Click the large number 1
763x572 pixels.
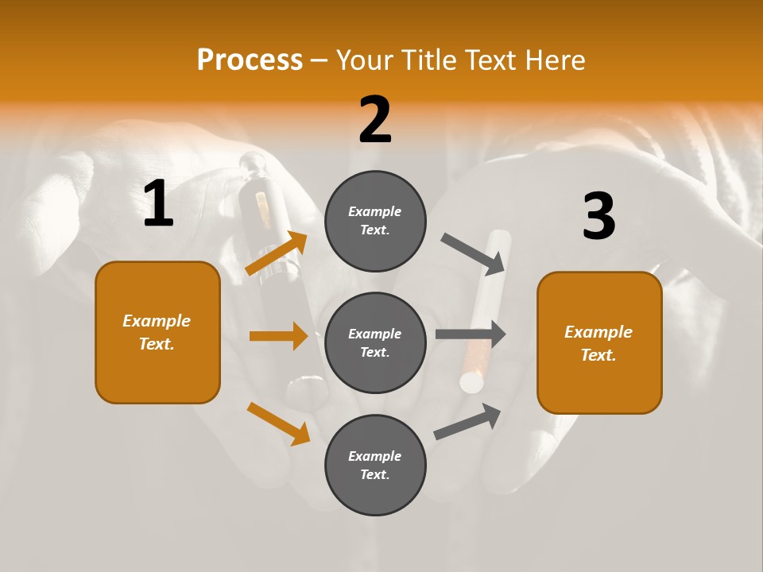point(158,204)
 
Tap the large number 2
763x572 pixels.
point(375,120)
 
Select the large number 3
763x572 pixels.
point(598,216)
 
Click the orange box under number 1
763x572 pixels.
point(157,332)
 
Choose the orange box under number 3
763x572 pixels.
point(599,343)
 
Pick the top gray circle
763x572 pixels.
point(375,221)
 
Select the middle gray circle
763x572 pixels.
point(375,342)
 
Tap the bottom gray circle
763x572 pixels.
point(375,465)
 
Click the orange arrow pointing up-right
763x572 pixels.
point(277,253)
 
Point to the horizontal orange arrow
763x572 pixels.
point(278,336)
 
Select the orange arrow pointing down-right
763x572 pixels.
point(278,423)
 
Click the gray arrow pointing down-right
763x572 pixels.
point(474,253)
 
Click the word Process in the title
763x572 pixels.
point(250,60)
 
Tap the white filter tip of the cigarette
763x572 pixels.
point(472,384)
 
